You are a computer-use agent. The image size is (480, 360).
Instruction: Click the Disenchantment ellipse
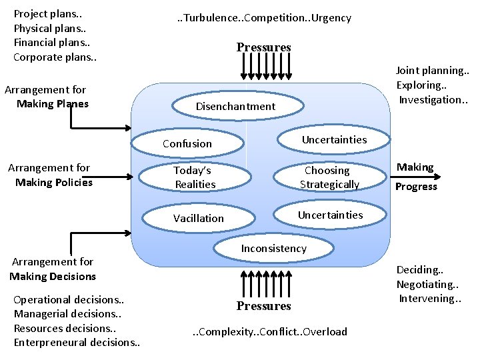pyautogui.click(x=236, y=107)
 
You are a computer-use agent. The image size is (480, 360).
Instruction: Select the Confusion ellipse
pyautogui.click(x=187, y=143)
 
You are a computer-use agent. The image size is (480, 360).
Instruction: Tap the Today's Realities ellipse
pyautogui.click(x=195, y=177)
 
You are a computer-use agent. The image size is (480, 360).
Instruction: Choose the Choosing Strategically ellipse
pyautogui.click(x=329, y=177)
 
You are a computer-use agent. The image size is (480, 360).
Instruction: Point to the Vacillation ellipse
pyautogui.click(x=199, y=218)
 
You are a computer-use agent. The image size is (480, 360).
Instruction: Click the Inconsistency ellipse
pyautogui.click(x=274, y=249)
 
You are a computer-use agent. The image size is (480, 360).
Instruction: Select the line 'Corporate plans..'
pyautogui.click(x=55, y=57)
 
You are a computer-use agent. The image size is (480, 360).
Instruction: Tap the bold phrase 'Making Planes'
pyautogui.click(x=53, y=103)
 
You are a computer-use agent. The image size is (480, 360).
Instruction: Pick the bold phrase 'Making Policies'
pyautogui.click(x=54, y=182)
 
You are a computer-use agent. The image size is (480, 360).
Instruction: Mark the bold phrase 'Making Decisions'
pyautogui.click(x=53, y=276)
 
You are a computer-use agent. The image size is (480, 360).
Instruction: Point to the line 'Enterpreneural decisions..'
pyautogui.click(x=77, y=342)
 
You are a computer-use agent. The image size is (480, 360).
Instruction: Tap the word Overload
pyautogui.click(x=325, y=331)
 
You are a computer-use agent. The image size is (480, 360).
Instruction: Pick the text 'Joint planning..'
pyautogui.click(x=433, y=70)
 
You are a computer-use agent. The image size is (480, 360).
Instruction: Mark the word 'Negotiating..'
pyautogui.click(x=427, y=284)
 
